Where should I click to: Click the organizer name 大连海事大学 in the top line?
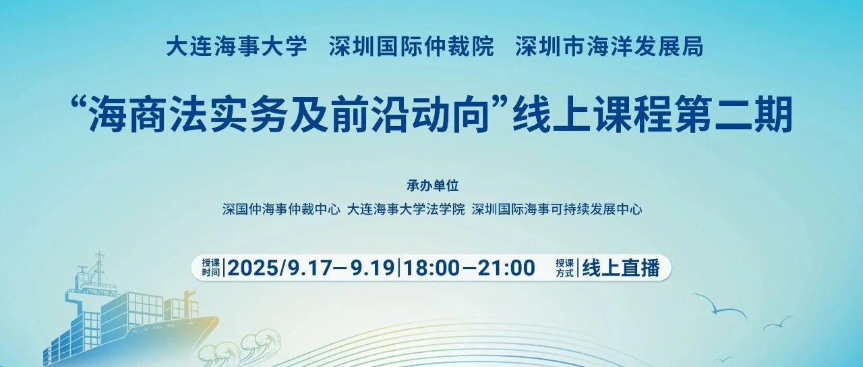tap(237, 47)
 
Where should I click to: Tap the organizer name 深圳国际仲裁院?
tap(411, 47)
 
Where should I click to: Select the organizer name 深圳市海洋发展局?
tap(609, 47)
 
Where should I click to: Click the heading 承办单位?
tap(433, 186)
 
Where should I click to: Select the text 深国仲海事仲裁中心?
tap(281, 209)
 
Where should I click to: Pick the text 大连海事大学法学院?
tap(406, 209)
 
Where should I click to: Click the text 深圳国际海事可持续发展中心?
tap(557, 209)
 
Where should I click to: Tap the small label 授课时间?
tap(211, 268)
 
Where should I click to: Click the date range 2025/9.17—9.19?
tap(311, 268)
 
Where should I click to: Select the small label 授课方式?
tap(564, 268)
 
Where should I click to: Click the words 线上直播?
tap(621, 268)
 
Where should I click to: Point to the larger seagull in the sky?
tap(719, 309)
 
